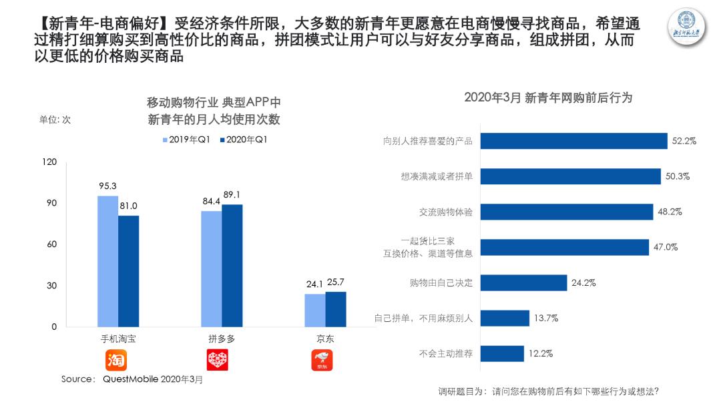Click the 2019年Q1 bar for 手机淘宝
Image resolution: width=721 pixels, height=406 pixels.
tap(107, 261)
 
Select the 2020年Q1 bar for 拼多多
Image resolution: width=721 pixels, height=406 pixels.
tap(232, 266)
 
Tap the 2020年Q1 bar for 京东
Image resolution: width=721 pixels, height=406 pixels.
tap(336, 309)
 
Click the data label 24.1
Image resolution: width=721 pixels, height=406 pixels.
tap(314, 283)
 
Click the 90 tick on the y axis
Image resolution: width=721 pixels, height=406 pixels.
tap(50, 203)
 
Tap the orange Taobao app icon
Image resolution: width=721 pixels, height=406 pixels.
tap(116, 361)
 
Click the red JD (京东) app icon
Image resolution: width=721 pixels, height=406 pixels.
tap(322, 361)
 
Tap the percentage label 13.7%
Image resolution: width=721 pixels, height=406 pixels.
tap(545, 318)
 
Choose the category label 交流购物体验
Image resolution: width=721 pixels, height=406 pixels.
tap(445, 212)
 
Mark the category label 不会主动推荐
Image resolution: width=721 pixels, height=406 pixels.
tap(445, 353)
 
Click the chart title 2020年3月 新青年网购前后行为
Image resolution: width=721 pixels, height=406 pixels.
tap(547, 97)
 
